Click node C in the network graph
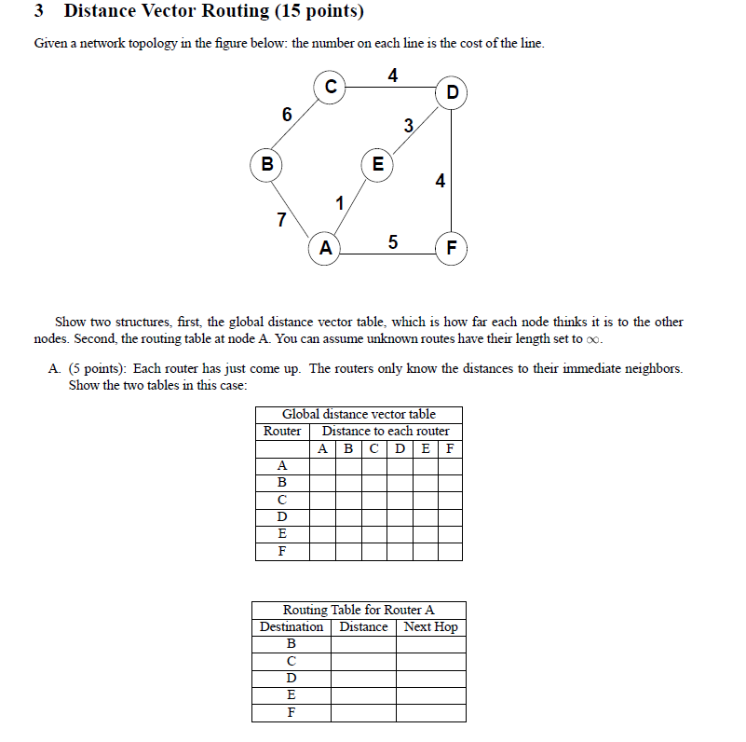point(330,87)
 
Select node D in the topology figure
point(453,92)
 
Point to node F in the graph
point(453,248)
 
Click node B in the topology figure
point(267,165)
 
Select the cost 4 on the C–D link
point(393,76)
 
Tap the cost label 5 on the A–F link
point(392,242)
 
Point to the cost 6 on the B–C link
point(287,115)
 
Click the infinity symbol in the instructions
point(594,339)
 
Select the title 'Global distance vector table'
point(359,414)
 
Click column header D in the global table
point(400,448)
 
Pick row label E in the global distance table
point(282,533)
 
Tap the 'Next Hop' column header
point(430,627)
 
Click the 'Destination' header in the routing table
point(292,627)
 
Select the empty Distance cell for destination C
point(363,661)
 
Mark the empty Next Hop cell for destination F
point(430,713)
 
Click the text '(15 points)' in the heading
point(316,12)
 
